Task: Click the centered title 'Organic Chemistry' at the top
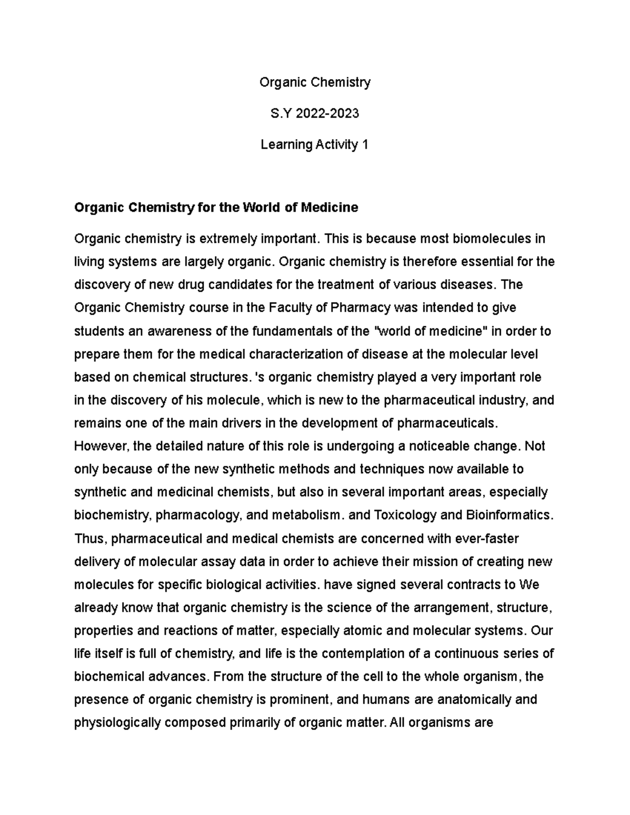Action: point(315,82)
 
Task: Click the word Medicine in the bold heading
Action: point(329,208)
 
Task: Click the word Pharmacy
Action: point(361,308)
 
